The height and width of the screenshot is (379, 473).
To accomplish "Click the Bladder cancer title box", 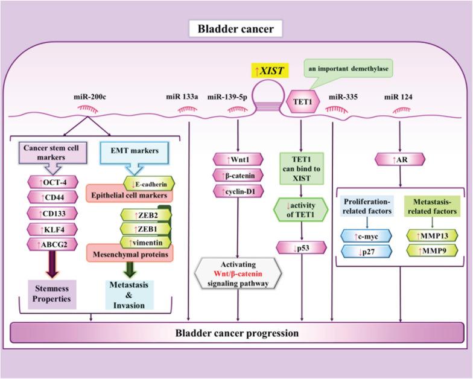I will pyautogui.click(x=236, y=28).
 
